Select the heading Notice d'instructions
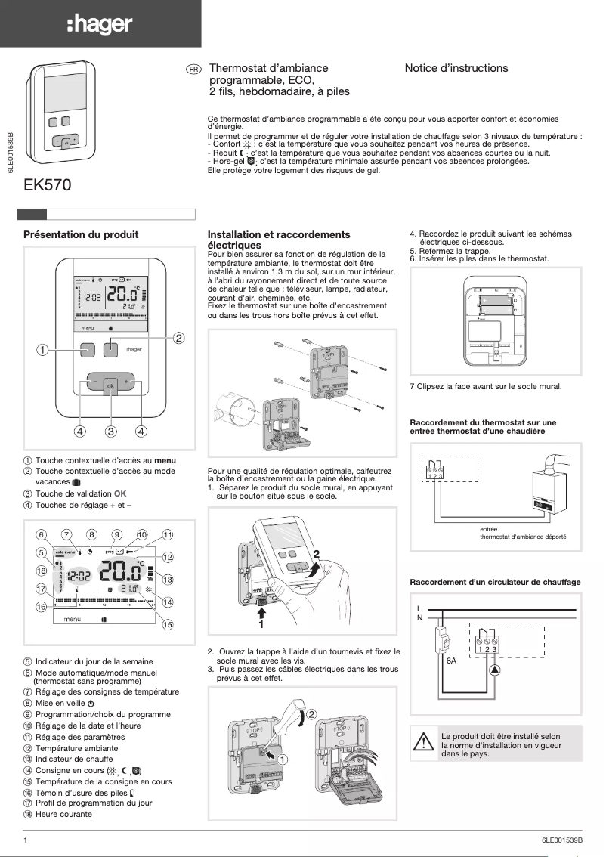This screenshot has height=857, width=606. [x=456, y=68]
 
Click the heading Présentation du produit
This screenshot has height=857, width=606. [x=81, y=235]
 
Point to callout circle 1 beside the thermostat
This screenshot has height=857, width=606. [x=43, y=350]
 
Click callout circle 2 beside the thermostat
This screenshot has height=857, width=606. [x=179, y=337]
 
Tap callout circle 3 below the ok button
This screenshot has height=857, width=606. [x=110, y=432]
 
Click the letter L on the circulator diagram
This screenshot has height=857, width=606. [x=419, y=608]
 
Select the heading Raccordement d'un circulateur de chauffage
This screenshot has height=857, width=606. [x=494, y=582]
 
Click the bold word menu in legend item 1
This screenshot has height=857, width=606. [x=165, y=460]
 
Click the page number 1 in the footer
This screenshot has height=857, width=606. [x=26, y=840]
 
